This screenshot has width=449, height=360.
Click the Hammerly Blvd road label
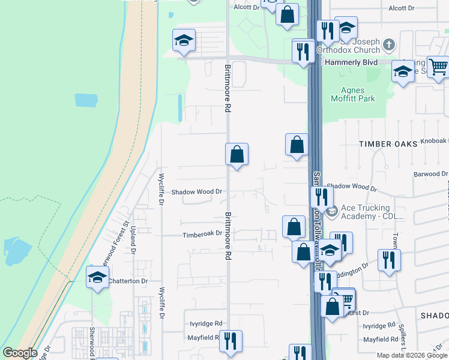pos(351,62)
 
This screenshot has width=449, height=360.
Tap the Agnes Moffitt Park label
pos(357,95)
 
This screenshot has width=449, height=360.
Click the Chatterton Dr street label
pos(127,280)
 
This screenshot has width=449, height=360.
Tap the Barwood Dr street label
pos(430,174)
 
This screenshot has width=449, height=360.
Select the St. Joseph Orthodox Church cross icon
pos(389,44)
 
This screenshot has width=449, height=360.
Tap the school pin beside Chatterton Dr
pos(97,277)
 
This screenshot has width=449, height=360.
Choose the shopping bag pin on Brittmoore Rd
pos(237,155)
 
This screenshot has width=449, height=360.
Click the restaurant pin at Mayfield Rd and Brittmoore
pos(231,341)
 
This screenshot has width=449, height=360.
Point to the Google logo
pos(20,353)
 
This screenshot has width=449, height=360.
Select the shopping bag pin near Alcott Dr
pos(288,14)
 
